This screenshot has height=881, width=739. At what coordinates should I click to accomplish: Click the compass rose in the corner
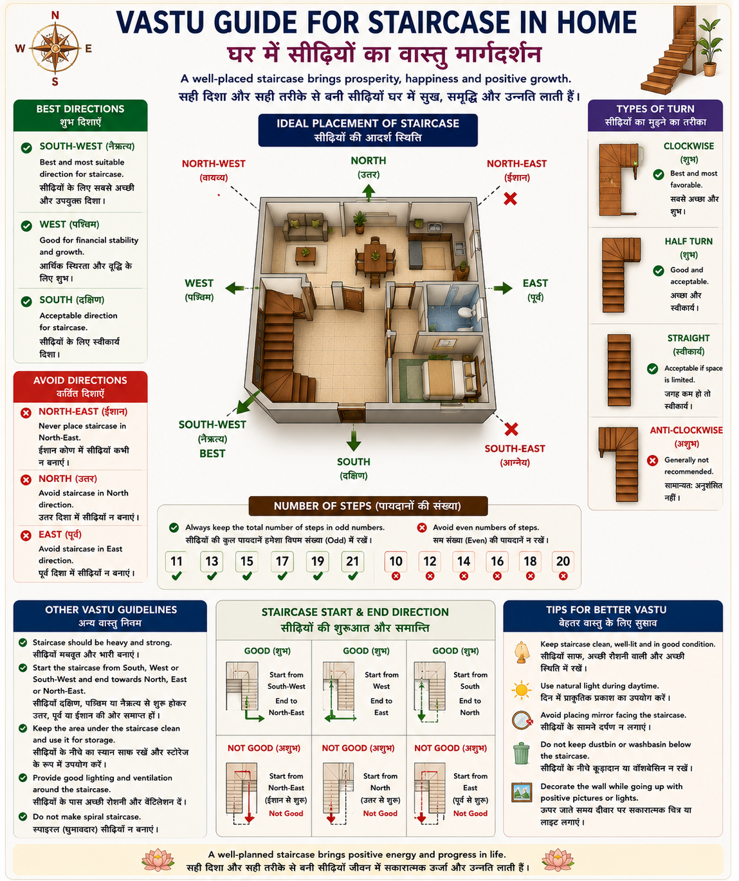[55, 48]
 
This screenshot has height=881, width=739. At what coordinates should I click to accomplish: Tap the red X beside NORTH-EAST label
[511, 198]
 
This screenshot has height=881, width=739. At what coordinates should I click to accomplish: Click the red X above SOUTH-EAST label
[511, 429]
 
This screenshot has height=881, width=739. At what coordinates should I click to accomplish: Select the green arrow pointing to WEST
[235, 288]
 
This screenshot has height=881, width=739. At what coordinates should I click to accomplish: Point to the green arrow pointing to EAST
[503, 288]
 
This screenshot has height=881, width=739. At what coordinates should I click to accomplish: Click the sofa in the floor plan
[305, 226]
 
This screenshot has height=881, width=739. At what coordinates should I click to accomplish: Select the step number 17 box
[282, 561]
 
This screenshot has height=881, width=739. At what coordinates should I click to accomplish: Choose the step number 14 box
[464, 561]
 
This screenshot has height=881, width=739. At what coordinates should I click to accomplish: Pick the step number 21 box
[352, 561]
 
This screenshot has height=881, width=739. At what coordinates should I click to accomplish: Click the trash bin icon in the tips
[522, 753]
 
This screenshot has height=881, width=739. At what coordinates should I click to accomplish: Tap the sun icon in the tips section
[522, 691]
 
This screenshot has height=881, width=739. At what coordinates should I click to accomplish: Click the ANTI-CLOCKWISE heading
[686, 431]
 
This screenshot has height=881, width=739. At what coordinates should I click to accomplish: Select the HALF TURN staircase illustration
[621, 275]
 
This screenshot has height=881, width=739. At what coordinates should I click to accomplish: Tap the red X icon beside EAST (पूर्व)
[26, 535]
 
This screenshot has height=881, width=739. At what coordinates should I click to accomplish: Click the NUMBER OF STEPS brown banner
[368, 506]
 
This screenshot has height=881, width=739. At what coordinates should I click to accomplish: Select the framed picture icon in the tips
[522, 792]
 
